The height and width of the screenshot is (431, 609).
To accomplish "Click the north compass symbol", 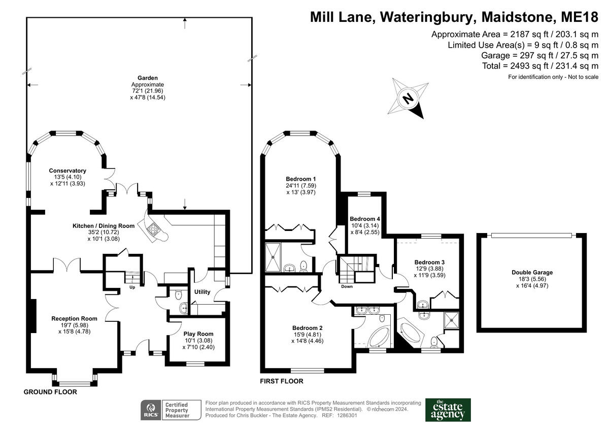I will (x=406, y=98).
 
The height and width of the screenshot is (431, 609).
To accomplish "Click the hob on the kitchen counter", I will (x=153, y=230).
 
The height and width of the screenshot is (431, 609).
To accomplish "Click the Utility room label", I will (x=202, y=292).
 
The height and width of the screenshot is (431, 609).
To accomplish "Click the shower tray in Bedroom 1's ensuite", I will (x=274, y=257).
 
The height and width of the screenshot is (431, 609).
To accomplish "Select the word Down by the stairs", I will (x=347, y=286).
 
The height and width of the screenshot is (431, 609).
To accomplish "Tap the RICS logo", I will (x=151, y=409).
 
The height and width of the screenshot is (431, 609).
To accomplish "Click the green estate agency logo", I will (x=448, y=410).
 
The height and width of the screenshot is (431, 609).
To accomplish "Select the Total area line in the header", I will (x=540, y=66).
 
